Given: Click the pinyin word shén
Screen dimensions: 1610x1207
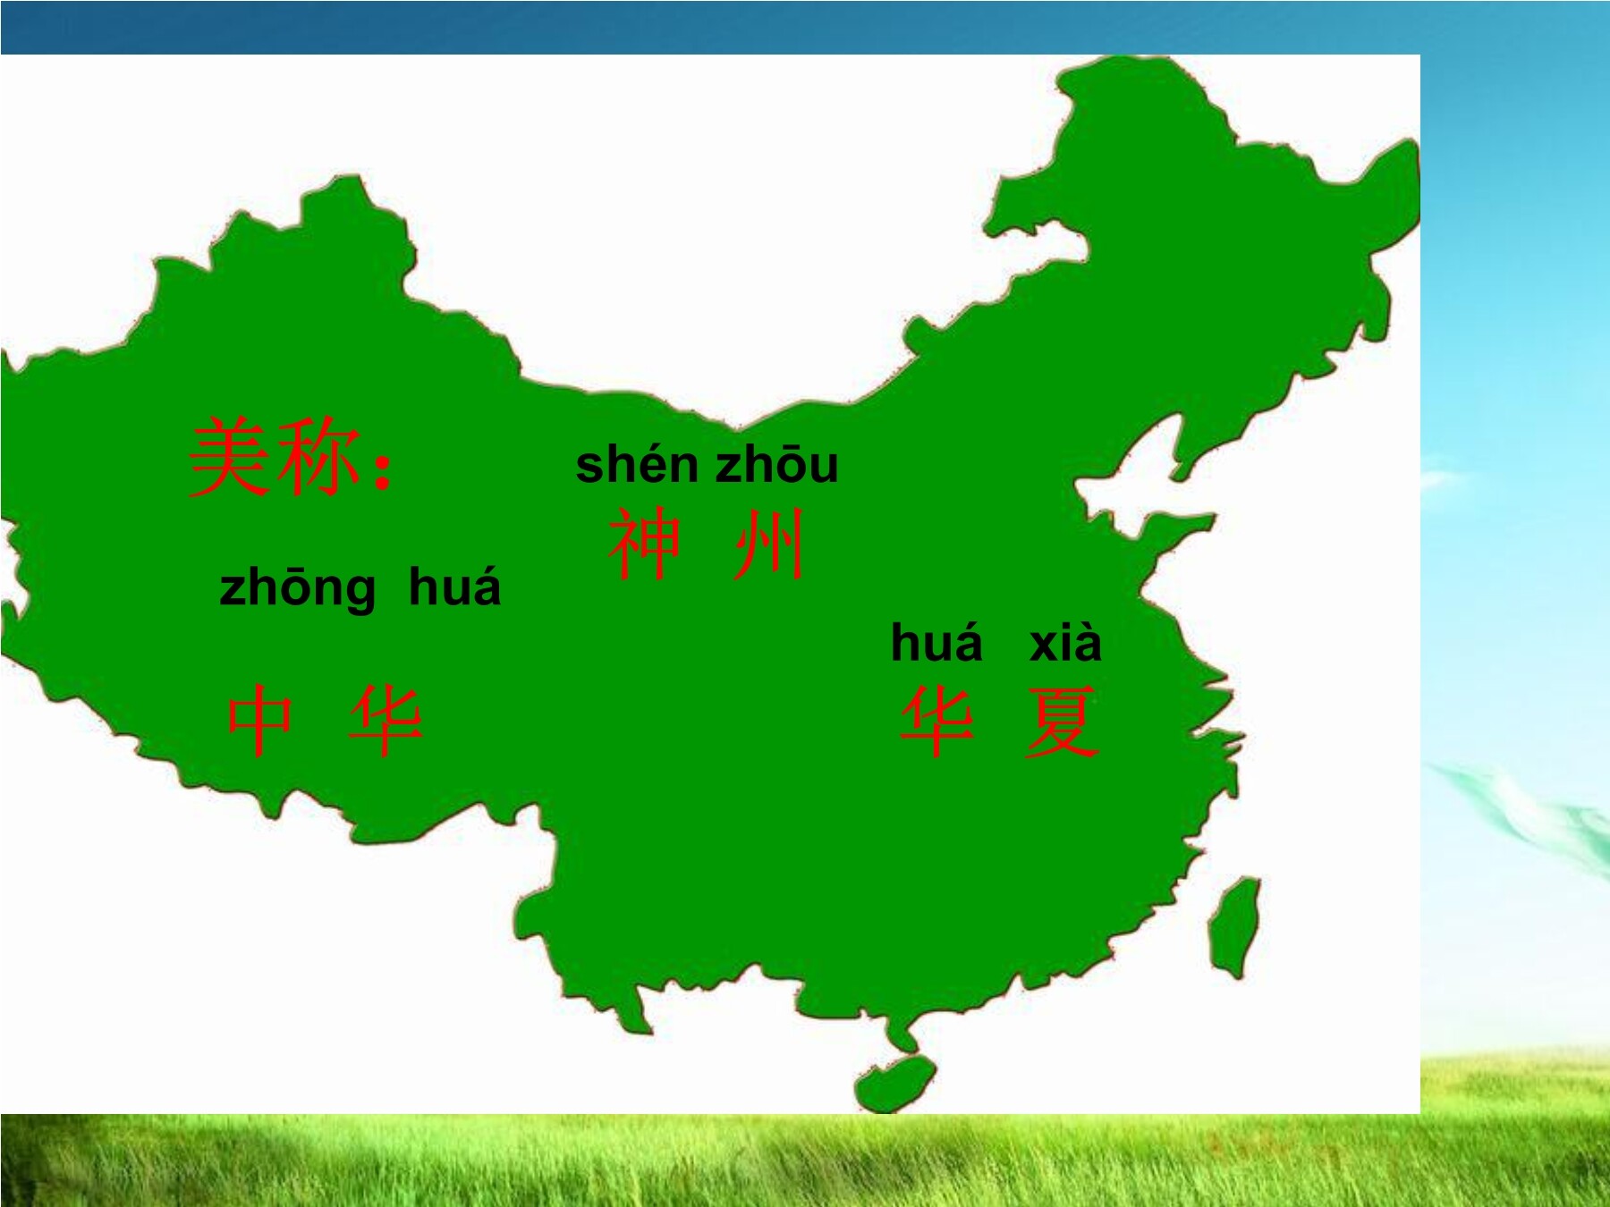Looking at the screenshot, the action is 637,465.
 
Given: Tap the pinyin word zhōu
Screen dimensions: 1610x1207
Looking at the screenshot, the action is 777,465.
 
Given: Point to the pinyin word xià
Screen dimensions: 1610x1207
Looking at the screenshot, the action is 1065,643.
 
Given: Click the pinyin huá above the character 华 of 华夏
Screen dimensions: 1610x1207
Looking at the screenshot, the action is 936,643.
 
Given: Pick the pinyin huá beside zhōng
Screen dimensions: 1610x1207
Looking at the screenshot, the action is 454,587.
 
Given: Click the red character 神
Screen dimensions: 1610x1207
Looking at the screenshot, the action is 645,544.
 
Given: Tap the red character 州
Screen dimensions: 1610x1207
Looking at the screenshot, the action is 768,544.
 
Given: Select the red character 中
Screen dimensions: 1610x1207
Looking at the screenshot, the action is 259,721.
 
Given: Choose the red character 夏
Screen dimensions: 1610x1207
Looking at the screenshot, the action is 1061,722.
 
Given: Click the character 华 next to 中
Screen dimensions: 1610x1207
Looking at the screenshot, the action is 386,721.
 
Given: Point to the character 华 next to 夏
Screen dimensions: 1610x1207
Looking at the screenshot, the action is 936,722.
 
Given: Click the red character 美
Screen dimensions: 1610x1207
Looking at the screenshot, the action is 231,457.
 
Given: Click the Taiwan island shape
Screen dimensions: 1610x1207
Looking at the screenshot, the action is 1234,925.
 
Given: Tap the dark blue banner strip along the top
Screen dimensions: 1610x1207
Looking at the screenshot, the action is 716,27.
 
